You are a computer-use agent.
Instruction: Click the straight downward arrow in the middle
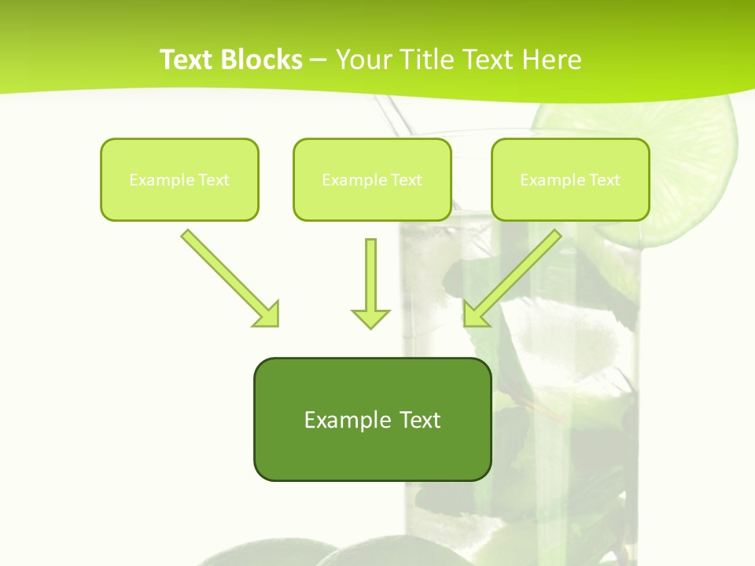click(x=370, y=275)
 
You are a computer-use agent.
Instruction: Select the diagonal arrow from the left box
click(x=224, y=272)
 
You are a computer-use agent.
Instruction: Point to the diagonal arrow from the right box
click(x=519, y=272)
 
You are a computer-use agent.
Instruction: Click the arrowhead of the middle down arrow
click(x=370, y=318)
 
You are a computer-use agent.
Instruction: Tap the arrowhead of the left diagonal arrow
click(x=267, y=315)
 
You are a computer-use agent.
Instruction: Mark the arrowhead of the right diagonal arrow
click(x=475, y=315)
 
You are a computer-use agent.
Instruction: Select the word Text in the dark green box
click(x=419, y=420)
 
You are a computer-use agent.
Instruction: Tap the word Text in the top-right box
click(x=605, y=180)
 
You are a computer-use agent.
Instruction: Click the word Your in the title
click(x=360, y=60)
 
